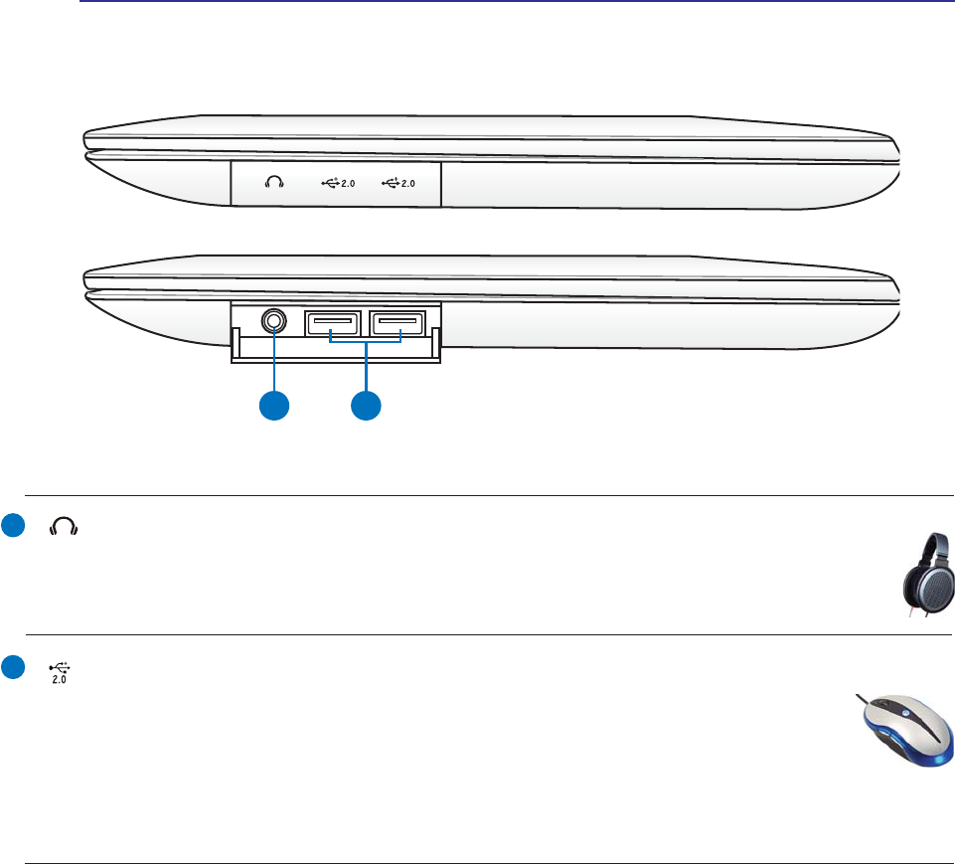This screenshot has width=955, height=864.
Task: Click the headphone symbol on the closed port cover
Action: [x=275, y=183]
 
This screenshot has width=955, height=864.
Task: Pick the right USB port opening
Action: [x=397, y=322]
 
